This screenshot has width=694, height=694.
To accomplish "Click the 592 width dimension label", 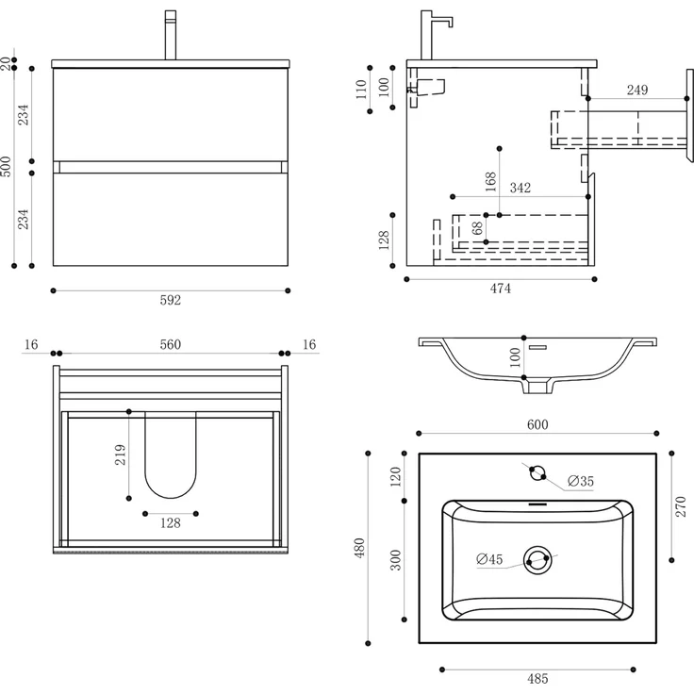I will (x=170, y=301).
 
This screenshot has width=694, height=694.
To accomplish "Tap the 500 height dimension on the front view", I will (x=7, y=167).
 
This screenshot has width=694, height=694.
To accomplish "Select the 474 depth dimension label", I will (x=500, y=289).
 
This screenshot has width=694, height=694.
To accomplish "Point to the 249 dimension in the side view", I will (x=637, y=91).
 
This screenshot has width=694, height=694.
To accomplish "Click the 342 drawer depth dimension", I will (x=520, y=188).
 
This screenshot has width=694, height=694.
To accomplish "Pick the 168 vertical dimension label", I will (x=490, y=181).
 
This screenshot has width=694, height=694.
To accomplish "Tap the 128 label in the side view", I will (x=384, y=240).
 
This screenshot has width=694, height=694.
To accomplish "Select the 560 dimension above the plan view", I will (x=170, y=344).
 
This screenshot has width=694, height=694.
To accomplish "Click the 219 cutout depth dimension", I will (x=119, y=455).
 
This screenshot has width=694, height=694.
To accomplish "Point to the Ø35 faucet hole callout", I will (x=581, y=482).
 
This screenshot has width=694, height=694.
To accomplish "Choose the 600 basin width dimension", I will (x=537, y=425).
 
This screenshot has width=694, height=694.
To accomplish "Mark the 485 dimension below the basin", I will (x=537, y=678).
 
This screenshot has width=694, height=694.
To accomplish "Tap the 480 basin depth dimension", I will (x=359, y=549).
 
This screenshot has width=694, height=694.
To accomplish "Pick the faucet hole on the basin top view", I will (x=537, y=472).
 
